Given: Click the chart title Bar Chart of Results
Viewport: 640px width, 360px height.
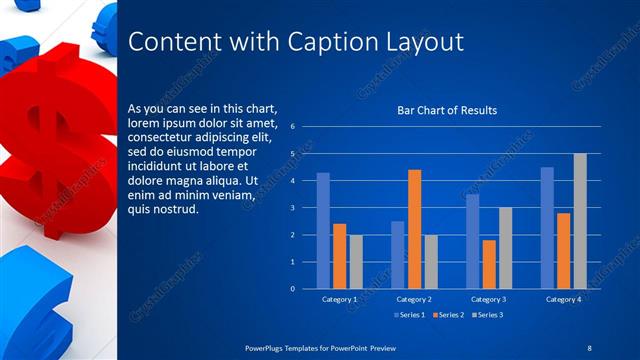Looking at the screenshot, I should click(447, 110).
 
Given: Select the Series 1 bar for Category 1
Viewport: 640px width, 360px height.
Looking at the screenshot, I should click(323, 230).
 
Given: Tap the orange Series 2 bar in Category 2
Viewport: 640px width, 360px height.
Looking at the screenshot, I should click(414, 229).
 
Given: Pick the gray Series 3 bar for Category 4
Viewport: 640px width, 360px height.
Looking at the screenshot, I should click(580, 221).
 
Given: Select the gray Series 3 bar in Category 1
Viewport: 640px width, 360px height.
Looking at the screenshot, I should click(356, 261).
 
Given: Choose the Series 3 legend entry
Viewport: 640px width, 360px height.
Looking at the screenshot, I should click(488, 316).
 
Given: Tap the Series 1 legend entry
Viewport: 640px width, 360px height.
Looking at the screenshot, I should click(410, 316).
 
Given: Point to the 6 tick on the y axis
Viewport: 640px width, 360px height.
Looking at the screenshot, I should click(292, 127).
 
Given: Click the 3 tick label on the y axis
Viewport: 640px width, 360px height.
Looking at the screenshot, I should click(292, 208).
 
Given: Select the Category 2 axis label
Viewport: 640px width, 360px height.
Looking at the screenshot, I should click(414, 299).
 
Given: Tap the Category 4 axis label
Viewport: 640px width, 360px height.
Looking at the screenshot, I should click(564, 299).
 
